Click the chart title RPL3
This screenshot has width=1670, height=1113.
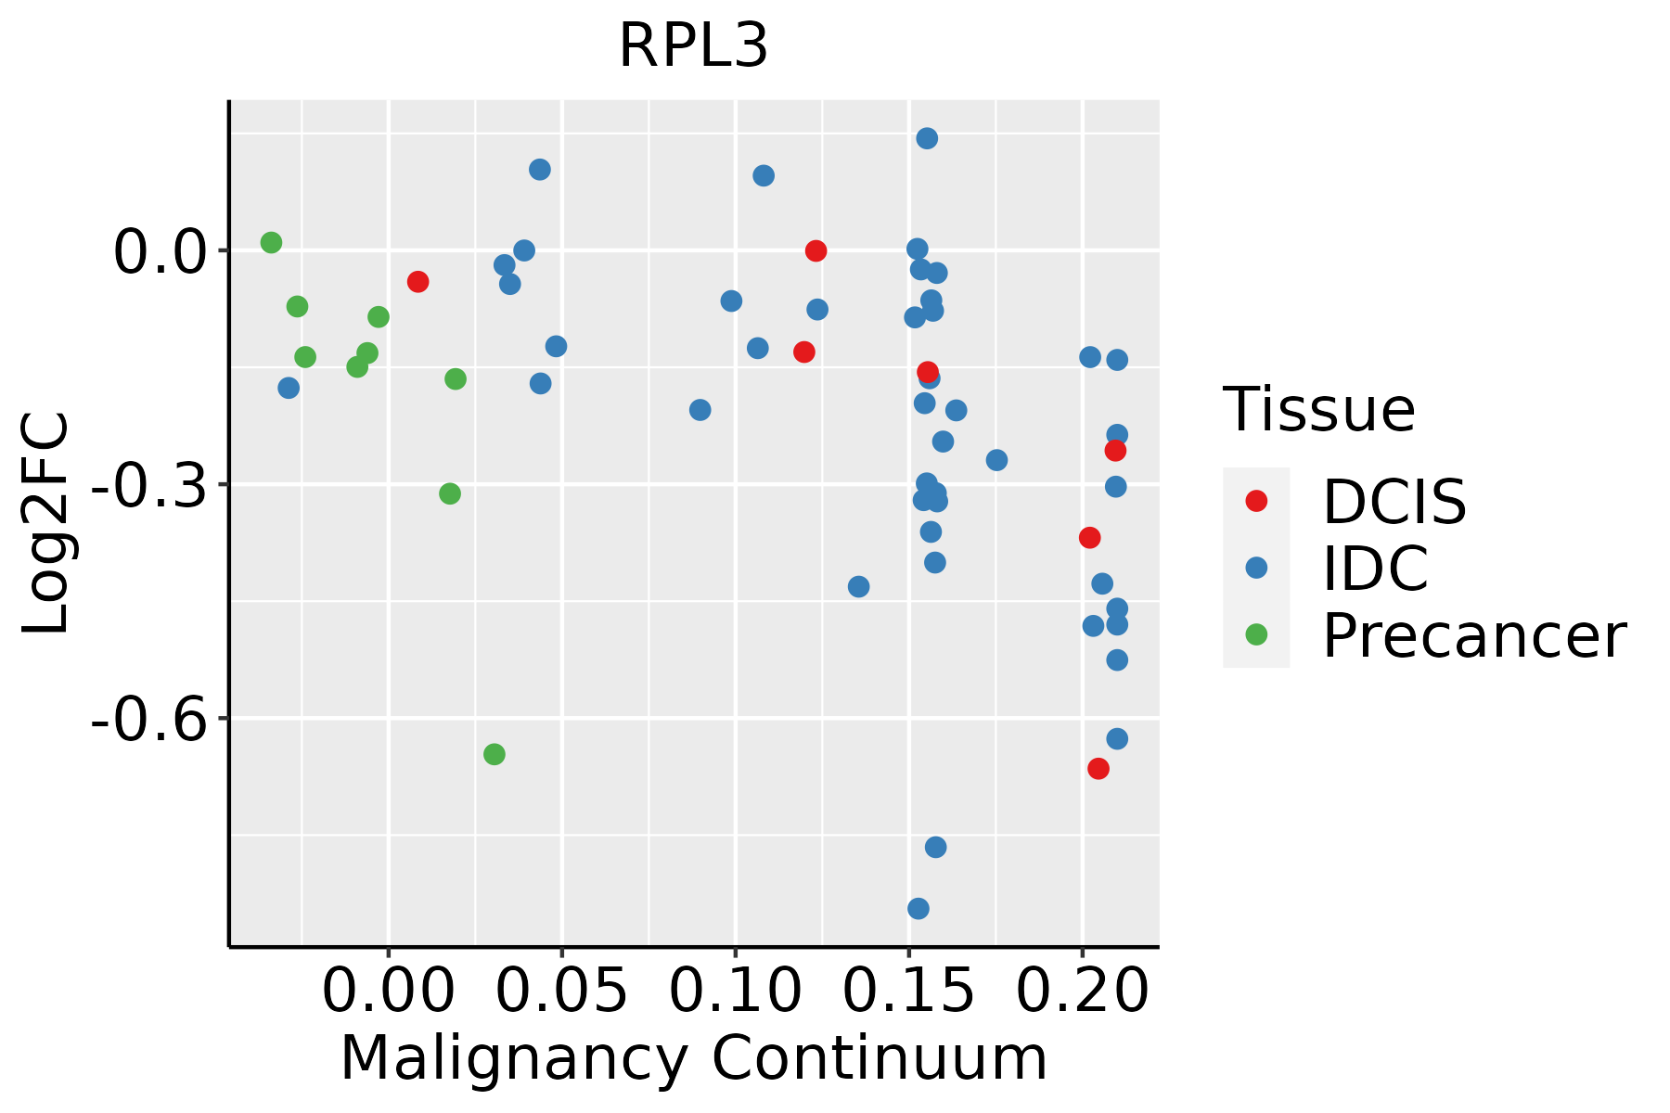tap(693, 46)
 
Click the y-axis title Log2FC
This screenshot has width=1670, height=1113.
tap(46, 524)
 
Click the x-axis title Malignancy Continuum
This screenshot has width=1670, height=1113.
tap(693, 1059)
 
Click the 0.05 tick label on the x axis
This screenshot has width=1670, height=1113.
tap(561, 991)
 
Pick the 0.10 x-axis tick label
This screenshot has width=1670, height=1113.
tap(735, 991)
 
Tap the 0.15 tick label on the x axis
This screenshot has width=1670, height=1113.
tap(908, 991)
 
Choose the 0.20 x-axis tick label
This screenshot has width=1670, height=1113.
tap(1082, 991)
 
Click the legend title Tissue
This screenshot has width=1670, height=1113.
tap(1318, 409)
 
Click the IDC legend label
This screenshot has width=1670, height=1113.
tap(1375, 569)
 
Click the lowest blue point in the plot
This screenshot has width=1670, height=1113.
tap(918, 908)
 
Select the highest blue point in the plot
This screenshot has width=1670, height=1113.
tap(927, 138)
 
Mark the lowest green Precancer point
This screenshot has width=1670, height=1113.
tap(495, 754)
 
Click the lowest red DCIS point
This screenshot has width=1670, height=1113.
tap(1098, 768)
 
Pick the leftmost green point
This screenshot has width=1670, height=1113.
tap(271, 243)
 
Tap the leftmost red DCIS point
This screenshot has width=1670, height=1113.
tap(417, 281)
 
